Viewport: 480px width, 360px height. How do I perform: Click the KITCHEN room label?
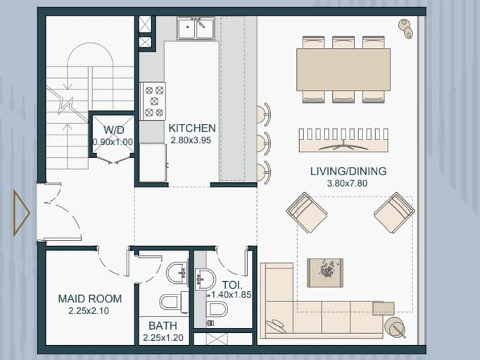pyautogui.click(x=192, y=128)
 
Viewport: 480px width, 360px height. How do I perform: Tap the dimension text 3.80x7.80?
pyautogui.click(x=347, y=183)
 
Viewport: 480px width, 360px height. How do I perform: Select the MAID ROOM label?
pyautogui.click(x=90, y=299)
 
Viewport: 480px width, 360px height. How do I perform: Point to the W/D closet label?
pyautogui.click(x=113, y=130)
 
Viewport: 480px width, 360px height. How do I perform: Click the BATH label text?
pyautogui.click(x=163, y=325)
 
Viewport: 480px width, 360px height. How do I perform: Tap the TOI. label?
pyautogui.click(x=232, y=285)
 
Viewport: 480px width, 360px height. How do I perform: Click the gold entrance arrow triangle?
pyautogui.click(x=21, y=213)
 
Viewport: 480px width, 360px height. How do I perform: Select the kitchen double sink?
pyautogui.click(x=196, y=28)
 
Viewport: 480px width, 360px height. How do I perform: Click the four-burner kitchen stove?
pyautogui.click(x=153, y=101)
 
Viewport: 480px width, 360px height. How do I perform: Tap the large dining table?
pyautogui.click(x=343, y=69)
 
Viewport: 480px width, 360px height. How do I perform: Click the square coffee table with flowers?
pyautogui.click(x=325, y=273)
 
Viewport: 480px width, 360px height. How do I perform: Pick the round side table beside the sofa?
pyautogui.click(x=396, y=328)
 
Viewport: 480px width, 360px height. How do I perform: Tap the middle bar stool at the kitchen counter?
pyautogui.click(x=263, y=142)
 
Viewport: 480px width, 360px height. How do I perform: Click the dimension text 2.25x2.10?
pyautogui.click(x=89, y=311)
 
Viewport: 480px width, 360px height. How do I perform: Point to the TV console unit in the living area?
pyautogui.click(x=343, y=140)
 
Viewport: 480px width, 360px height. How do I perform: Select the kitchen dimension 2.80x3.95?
pyautogui.click(x=191, y=140)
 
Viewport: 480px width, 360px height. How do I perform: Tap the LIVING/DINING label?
pyautogui.click(x=348, y=171)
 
